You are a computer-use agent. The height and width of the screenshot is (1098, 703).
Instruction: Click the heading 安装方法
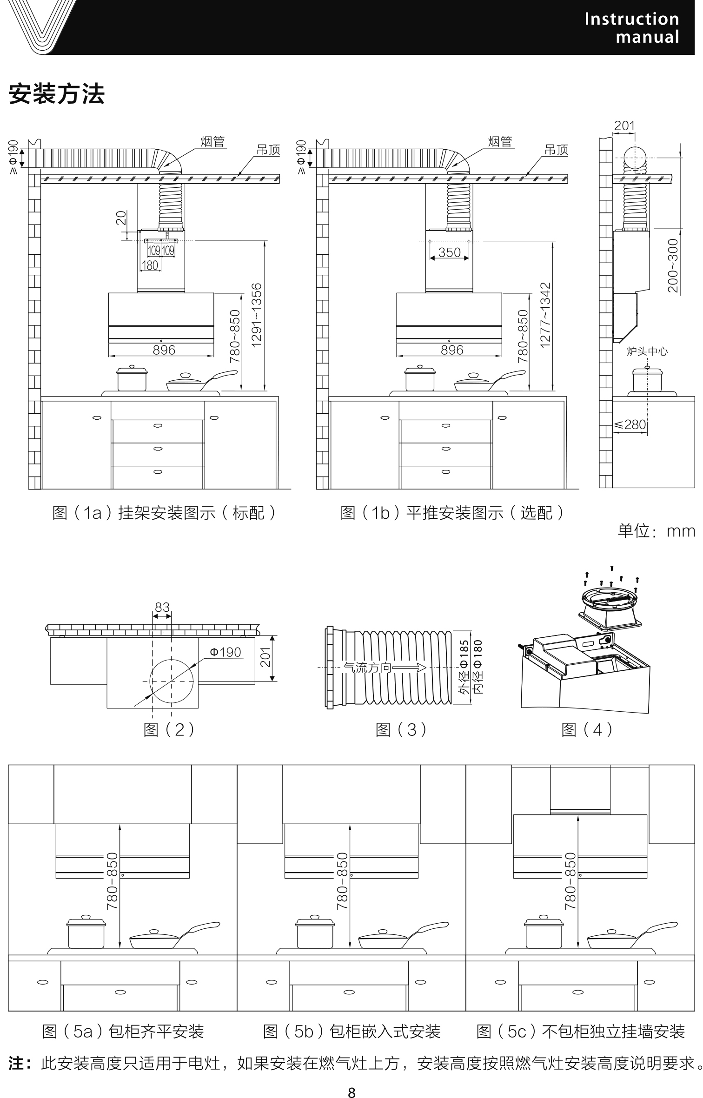pyautogui.click(x=57, y=94)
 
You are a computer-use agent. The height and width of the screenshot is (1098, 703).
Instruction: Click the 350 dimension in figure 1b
pyautogui.click(x=449, y=252)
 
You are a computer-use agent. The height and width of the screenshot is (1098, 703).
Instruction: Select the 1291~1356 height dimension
pyautogui.click(x=257, y=315)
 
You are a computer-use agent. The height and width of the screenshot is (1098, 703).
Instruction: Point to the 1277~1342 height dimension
pyautogui.click(x=545, y=315)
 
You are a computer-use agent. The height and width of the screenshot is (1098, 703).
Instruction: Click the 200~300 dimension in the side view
pyautogui.click(x=673, y=265)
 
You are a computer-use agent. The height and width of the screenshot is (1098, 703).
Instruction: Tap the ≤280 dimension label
pyautogui.click(x=630, y=424)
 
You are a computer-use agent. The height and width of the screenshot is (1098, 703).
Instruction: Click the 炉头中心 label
pyautogui.click(x=647, y=351)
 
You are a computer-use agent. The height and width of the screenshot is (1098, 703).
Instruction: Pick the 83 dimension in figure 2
pyautogui.click(x=162, y=607)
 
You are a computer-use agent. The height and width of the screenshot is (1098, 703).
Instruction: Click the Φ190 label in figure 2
pyautogui.click(x=225, y=652)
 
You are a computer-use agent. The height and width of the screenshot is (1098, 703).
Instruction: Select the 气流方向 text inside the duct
pyautogui.click(x=367, y=668)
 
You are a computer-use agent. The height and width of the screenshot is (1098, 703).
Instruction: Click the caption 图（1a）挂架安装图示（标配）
pyautogui.click(x=164, y=513)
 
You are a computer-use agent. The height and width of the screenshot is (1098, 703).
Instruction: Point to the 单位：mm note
pyautogui.click(x=656, y=531)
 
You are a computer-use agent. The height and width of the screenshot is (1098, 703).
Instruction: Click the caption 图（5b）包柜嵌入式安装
pyautogui.click(x=351, y=1032)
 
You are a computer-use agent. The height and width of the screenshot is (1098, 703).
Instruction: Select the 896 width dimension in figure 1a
pyautogui.click(x=164, y=350)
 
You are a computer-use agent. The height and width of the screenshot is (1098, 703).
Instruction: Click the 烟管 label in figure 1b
pyautogui.click(x=500, y=141)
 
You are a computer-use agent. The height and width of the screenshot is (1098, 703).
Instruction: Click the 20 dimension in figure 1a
pyautogui.click(x=121, y=218)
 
